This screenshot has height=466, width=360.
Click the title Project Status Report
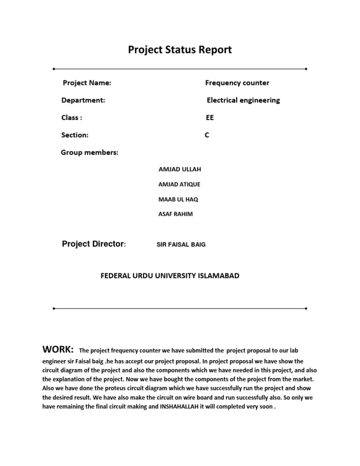point(180,50)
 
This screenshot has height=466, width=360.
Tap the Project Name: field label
point(87,83)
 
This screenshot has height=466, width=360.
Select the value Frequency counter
point(237,83)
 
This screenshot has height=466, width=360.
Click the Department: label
point(83,100)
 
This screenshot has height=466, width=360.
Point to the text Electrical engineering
point(243,100)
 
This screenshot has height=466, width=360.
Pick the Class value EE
point(210,118)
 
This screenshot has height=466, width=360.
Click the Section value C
point(207,135)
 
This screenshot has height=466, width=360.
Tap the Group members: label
point(90,152)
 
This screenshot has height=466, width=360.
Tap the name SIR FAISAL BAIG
point(180,245)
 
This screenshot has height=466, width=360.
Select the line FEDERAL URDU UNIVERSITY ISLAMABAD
point(170,276)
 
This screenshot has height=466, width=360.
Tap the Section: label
point(75,135)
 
